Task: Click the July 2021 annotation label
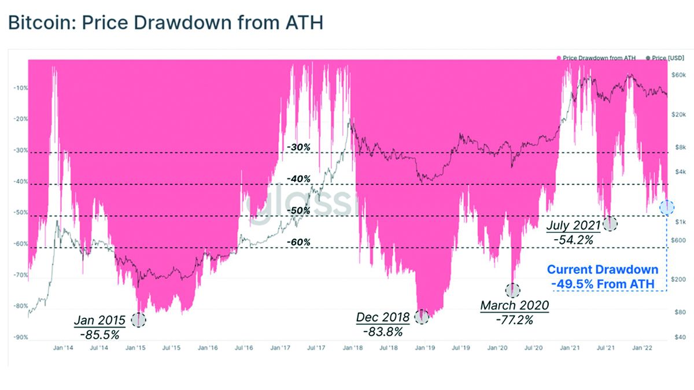(573, 225)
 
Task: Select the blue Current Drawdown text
(602, 269)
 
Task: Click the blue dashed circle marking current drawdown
(667, 206)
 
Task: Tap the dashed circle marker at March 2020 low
(513, 290)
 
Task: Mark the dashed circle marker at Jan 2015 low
(139, 320)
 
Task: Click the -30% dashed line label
(298, 147)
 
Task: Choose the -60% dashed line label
(298, 242)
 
